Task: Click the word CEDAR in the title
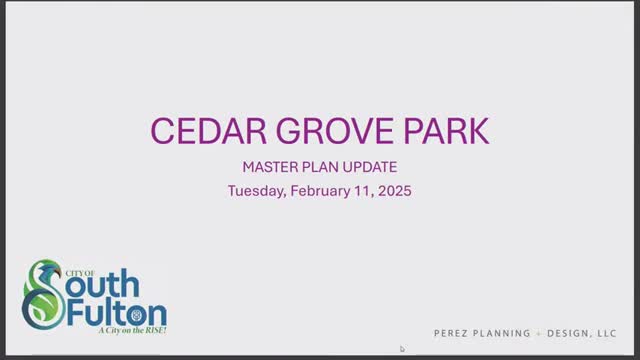(x=209, y=131)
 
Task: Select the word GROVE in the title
(x=335, y=131)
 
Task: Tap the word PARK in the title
(x=446, y=131)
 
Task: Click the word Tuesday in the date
(x=257, y=191)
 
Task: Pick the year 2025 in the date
(x=395, y=191)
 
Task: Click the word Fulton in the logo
(x=117, y=313)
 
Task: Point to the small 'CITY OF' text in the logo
(x=80, y=273)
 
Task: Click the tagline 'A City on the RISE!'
(x=132, y=330)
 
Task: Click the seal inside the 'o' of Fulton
(x=136, y=315)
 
